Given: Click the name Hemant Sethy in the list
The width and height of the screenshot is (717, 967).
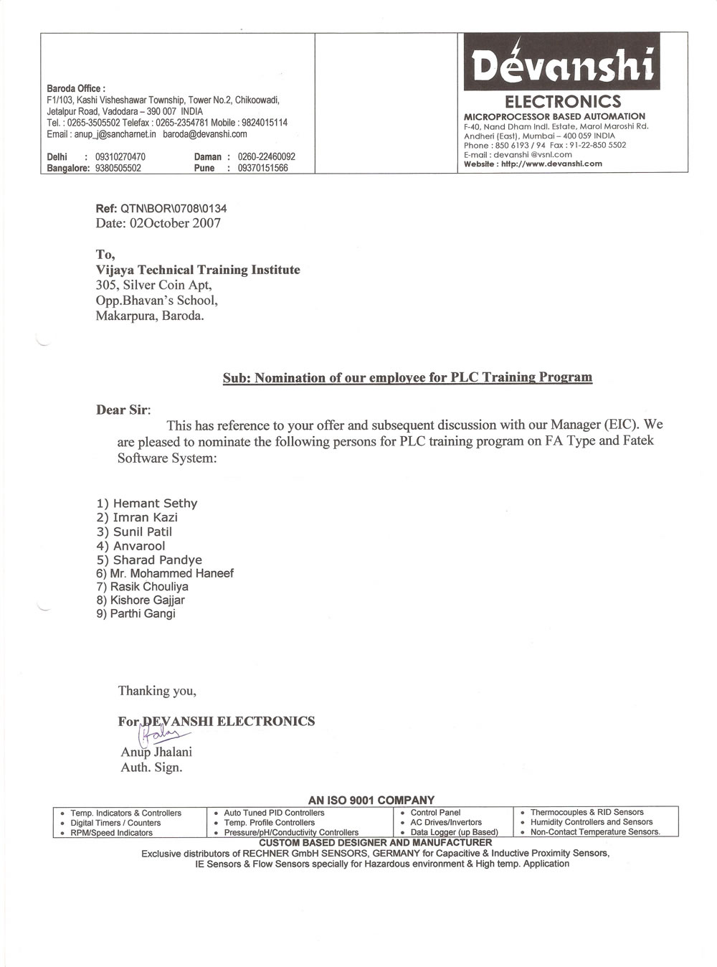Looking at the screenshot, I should (x=155, y=504).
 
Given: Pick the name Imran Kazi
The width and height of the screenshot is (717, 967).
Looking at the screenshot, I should (x=146, y=517).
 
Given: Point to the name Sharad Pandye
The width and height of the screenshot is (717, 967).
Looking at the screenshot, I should (x=158, y=560).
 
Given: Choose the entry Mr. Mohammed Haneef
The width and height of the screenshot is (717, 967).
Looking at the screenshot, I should (x=171, y=573).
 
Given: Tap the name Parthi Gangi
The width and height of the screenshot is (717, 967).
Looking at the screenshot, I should (x=143, y=613).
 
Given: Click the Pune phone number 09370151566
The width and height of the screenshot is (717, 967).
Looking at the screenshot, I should (x=262, y=169).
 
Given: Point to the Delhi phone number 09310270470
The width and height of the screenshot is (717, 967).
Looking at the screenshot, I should (x=120, y=156).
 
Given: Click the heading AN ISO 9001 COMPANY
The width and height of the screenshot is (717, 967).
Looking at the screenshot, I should (x=371, y=800).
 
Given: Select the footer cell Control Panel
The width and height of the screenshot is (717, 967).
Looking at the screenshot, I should (x=435, y=813).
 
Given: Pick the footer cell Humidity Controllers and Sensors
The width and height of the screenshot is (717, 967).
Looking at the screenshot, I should (x=592, y=822).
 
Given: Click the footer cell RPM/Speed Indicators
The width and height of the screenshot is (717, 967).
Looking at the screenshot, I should (x=111, y=833).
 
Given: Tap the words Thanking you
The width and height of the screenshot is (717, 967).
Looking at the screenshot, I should (x=157, y=691).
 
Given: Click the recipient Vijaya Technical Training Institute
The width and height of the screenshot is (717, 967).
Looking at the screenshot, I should (x=198, y=270).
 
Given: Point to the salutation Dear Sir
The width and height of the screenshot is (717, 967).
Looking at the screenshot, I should (x=123, y=410).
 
